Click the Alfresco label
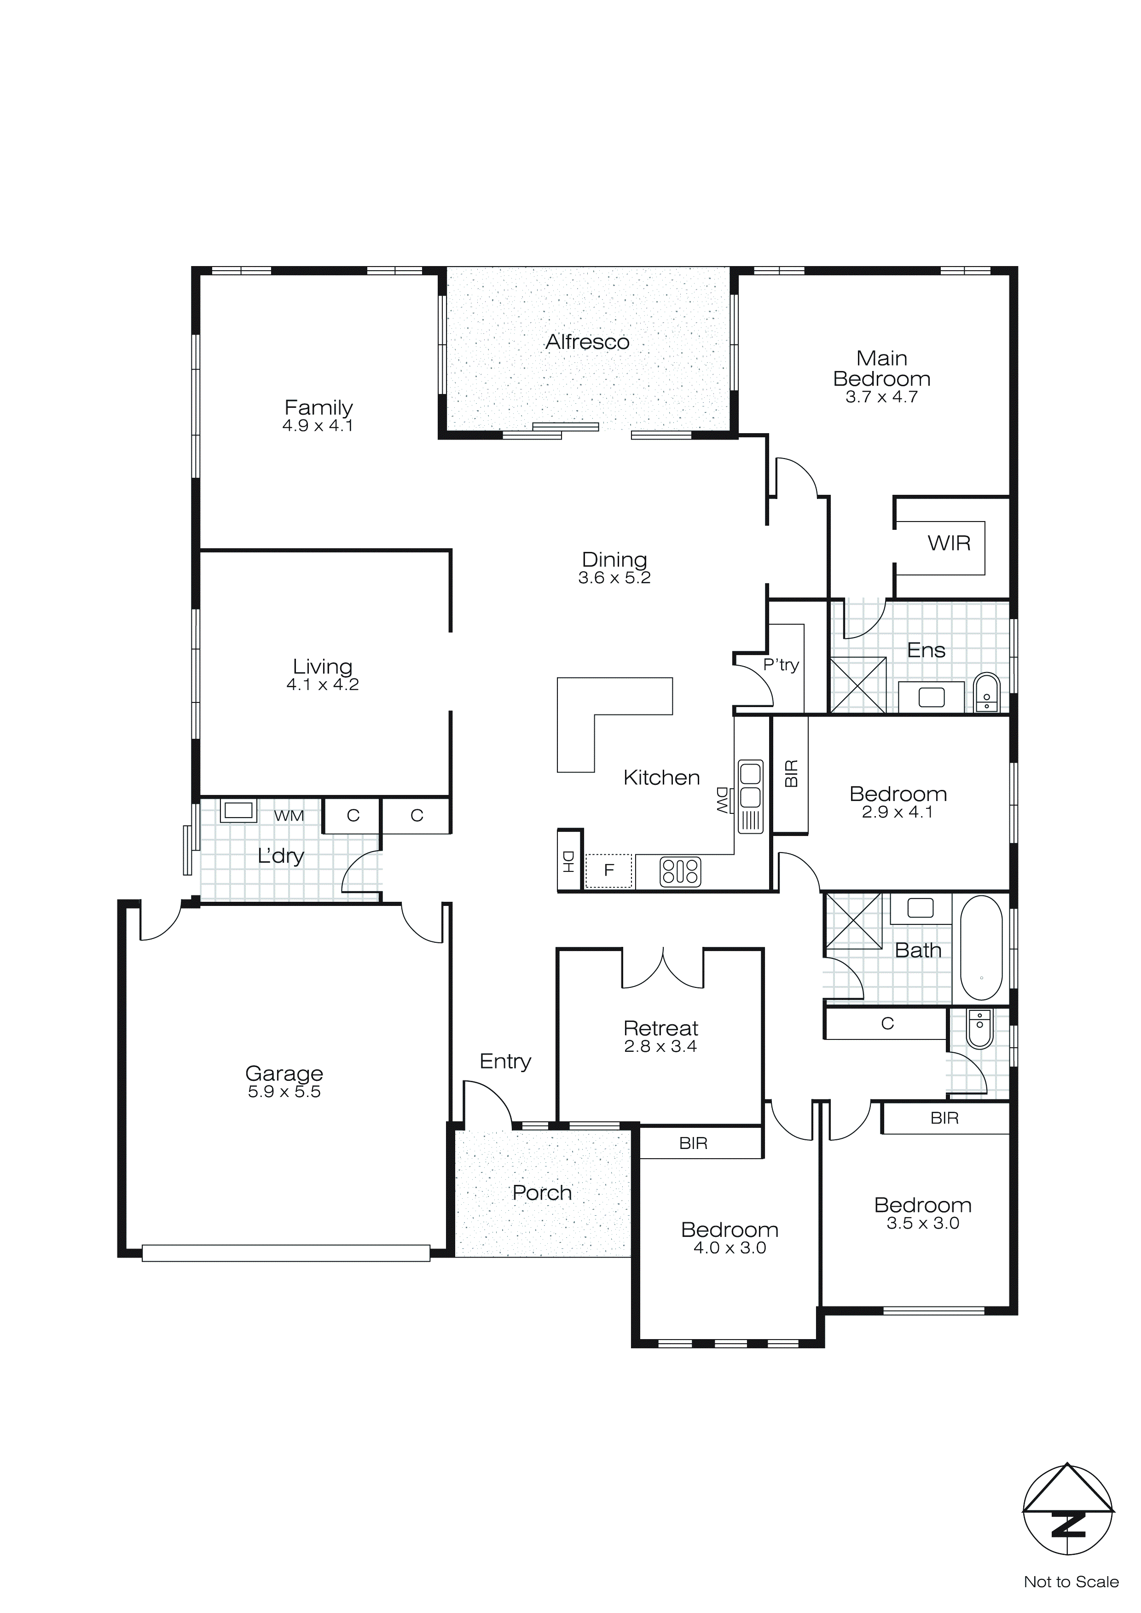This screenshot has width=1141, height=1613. point(587,342)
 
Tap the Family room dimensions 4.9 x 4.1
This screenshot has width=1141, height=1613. point(318,426)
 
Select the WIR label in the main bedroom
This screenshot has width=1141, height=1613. point(949,543)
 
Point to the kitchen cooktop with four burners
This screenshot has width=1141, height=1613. point(680,872)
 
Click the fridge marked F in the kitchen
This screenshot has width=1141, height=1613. point(609,870)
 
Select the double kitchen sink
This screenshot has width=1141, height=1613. point(750,785)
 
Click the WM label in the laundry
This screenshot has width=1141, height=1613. point(289,816)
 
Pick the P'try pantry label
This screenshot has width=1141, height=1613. point(781,665)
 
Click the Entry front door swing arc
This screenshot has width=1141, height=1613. point(488,1102)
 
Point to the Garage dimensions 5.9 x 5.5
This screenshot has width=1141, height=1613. point(284,1092)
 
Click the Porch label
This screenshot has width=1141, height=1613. point(542,1193)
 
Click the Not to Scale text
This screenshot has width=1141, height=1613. point(1071,1582)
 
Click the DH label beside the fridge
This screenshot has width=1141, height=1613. point(569,861)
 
